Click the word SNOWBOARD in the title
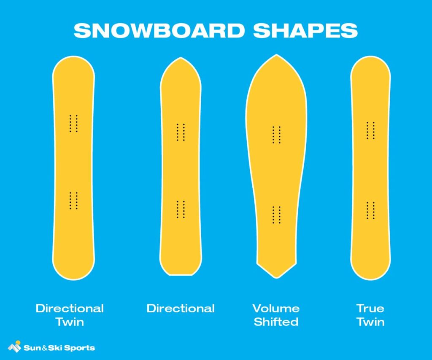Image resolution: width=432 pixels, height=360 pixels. (159, 30)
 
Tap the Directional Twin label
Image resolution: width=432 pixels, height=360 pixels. (70, 315)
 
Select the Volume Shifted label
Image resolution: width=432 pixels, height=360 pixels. (276, 315)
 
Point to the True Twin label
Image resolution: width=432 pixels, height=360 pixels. (370, 315)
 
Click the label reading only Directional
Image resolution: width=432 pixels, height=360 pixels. (181, 308)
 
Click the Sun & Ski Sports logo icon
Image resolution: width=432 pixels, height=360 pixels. (14, 347)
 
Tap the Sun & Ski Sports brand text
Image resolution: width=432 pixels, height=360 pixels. (59, 348)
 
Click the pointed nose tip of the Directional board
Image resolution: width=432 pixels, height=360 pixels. (181, 58)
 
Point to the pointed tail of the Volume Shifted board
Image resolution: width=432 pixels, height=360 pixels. (276, 277)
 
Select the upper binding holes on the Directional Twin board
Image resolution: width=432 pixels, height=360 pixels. (73, 124)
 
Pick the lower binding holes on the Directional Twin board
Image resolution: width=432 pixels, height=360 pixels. (73, 200)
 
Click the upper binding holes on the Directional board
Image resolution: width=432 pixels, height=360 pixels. (181, 132)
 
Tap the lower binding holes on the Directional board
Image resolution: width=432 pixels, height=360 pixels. (181, 209)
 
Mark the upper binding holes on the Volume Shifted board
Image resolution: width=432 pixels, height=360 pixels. (276, 134)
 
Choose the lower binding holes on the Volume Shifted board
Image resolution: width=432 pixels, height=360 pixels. (276, 215)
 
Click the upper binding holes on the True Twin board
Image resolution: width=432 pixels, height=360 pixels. (370, 130)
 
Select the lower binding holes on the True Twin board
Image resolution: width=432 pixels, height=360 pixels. (370, 210)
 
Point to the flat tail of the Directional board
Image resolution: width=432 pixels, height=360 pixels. (181, 274)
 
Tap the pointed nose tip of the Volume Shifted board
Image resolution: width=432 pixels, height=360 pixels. (276, 56)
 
